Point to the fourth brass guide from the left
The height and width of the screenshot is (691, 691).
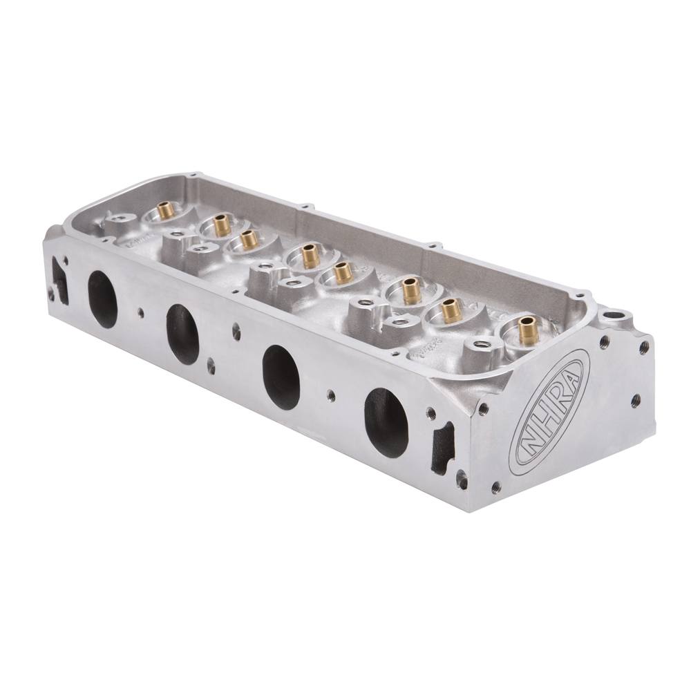pyautogui.click(x=310, y=256)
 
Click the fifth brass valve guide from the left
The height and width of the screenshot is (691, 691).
pyautogui.click(x=342, y=272)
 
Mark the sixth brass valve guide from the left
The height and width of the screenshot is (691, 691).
pyautogui.click(x=412, y=290)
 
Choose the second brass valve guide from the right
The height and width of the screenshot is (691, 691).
pyautogui.click(x=452, y=310)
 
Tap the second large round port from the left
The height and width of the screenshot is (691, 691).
pyautogui.click(x=183, y=334)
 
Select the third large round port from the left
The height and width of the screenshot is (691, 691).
pyautogui.click(x=281, y=377)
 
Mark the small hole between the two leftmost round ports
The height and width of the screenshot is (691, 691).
pyautogui.click(x=141, y=312)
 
